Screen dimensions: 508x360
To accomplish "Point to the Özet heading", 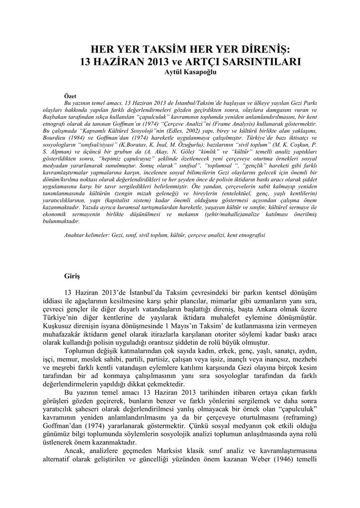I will click(71, 95).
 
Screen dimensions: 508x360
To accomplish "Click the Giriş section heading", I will click(72, 274).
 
